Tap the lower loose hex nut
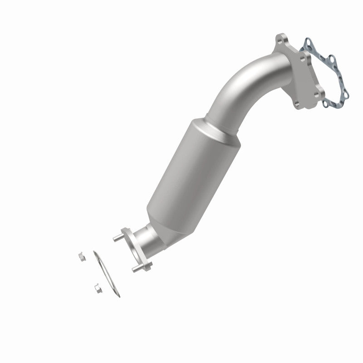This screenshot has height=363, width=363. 96,287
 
